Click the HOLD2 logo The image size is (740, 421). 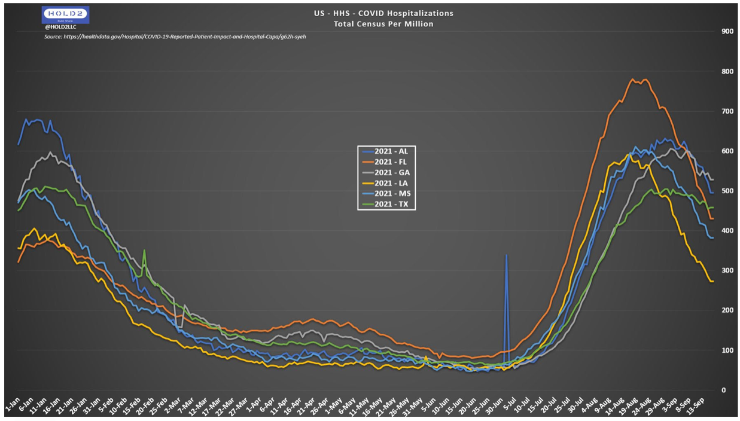pyautogui.click(x=66, y=15)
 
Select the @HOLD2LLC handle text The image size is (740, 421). pyautogui.click(x=60, y=27)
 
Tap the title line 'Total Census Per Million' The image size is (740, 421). pyautogui.click(x=383, y=24)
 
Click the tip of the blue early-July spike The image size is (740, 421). pyautogui.click(x=507, y=255)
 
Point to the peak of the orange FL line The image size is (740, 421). pyautogui.click(x=633, y=79)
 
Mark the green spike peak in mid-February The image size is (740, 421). pyautogui.click(x=144, y=251)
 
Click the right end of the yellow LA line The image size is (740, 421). pyautogui.click(x=712, y=281)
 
